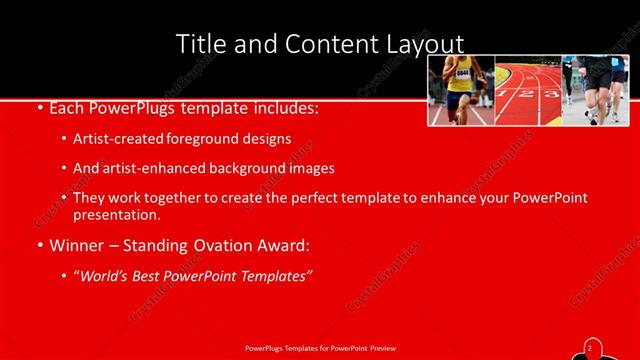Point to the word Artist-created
[x=112, y=139]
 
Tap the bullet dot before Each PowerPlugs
[x=38, y=106]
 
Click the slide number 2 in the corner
[x=590, y=346]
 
